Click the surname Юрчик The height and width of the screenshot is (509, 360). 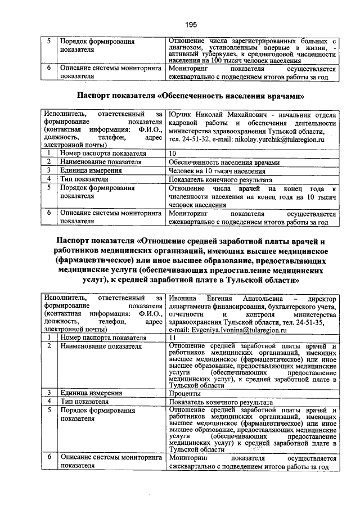pos(180,115)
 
